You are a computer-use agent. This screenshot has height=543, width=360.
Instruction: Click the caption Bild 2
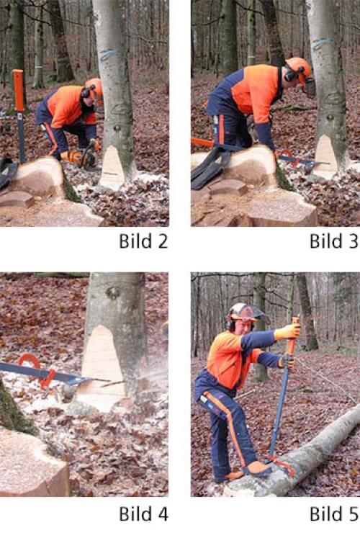(143, 241)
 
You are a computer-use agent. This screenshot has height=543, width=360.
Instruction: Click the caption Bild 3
(333, 241)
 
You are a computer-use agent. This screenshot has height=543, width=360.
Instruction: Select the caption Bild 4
(143, 514)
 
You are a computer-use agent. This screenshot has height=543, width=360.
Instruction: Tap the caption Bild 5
(333, 514)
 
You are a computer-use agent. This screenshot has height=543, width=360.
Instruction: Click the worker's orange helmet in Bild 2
(94, 86)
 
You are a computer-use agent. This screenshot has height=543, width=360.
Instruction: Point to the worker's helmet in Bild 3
(299, 68)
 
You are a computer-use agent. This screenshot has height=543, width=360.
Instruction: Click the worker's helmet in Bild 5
(244, 313)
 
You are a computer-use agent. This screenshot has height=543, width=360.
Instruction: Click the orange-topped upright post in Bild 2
(19, 115)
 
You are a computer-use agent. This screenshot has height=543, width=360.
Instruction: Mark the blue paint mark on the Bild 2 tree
(108, 54)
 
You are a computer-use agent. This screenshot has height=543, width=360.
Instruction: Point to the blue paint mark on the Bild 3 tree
(322, 43)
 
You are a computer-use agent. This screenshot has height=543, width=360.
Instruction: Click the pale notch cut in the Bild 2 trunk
(112, 167)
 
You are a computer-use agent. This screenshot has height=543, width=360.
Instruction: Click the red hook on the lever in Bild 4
(36, 368)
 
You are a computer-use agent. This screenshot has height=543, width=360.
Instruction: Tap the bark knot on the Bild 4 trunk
(113, 292)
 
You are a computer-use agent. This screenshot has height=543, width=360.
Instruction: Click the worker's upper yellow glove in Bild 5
(287, 331)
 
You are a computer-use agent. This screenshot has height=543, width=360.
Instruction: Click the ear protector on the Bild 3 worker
(291, 74)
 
